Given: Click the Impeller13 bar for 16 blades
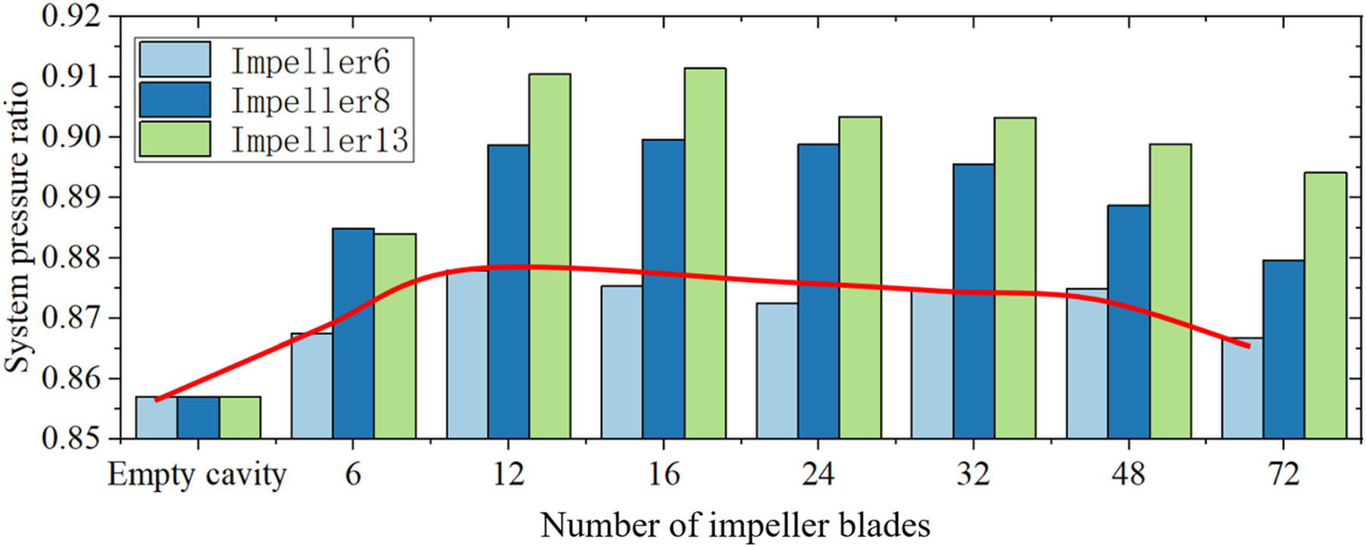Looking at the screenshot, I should point(705,253).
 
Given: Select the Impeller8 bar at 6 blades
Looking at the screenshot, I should point(353,333).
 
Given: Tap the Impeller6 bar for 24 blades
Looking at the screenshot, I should point(776,371).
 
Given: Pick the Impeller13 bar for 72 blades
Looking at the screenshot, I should point(1325,306).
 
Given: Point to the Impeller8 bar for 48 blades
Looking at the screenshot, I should point(1128,322).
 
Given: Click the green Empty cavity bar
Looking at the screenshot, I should point(240,418).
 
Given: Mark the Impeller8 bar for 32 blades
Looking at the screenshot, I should point(973,301).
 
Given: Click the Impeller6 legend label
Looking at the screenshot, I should point(310,61).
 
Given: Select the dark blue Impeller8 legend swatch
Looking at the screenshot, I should point(175,100).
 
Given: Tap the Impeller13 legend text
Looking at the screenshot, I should point(319,140).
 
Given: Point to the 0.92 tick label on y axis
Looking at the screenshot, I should point(72,17).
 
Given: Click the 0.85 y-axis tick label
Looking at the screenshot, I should point(72,439).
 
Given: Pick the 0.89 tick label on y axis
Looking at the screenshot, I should point(72,197).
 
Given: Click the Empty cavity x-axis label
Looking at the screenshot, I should point(197,475).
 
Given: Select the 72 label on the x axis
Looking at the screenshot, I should point(1284,475).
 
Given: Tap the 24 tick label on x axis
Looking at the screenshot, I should point(818,475).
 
